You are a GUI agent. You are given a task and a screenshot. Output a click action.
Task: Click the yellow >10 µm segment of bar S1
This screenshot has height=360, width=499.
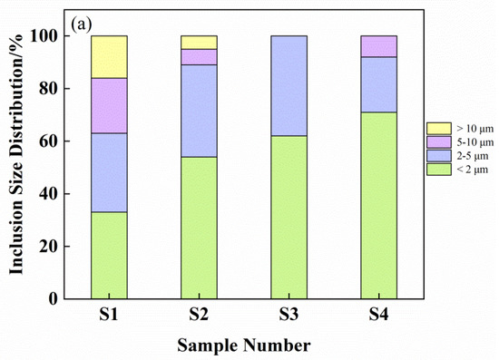[x=109, y=57]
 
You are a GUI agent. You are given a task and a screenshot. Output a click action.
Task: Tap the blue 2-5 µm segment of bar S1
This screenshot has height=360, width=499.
[x=109, y=172]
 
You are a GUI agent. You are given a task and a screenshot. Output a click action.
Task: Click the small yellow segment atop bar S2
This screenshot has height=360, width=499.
[x=199, y=43]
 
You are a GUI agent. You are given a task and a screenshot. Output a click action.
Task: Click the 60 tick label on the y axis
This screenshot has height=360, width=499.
[x=54, y=141]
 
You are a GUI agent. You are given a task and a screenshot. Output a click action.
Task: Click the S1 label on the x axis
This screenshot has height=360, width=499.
[x=109, y=317]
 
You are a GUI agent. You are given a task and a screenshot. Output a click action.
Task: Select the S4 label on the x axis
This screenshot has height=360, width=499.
[x=379, y=317]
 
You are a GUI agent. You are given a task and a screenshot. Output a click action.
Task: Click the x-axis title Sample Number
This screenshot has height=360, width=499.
[x=243, y=345]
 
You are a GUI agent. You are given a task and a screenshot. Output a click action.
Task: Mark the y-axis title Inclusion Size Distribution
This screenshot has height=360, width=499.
[x=17, y=168]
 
